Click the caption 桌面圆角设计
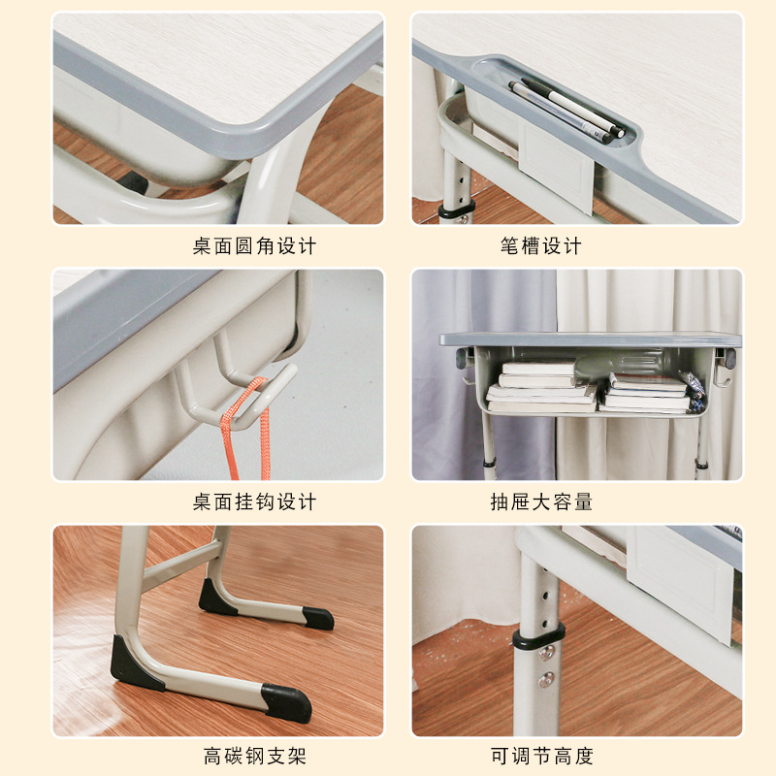pyautogui.click(x=254, y=246)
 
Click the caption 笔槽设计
pyautogui.click(x=540, y=246)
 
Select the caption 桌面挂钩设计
pyautogui.click(x=254, y=502)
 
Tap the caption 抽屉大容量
pyautogui.click(x=540, y=502)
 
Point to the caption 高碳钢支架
pyautogui.click(x=254, y=757)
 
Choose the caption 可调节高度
pyautogui.click(x=540, y=757)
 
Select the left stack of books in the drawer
pyautogui.click(x=540, y=385)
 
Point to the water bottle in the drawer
pyautogui.click(x=621, y=363)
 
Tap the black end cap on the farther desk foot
pyautogui.click(x=317, y=618)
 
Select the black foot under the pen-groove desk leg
pyautogui.click(x=456, y=210)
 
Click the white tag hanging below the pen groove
pyautogui.click(x=557, y=175)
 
